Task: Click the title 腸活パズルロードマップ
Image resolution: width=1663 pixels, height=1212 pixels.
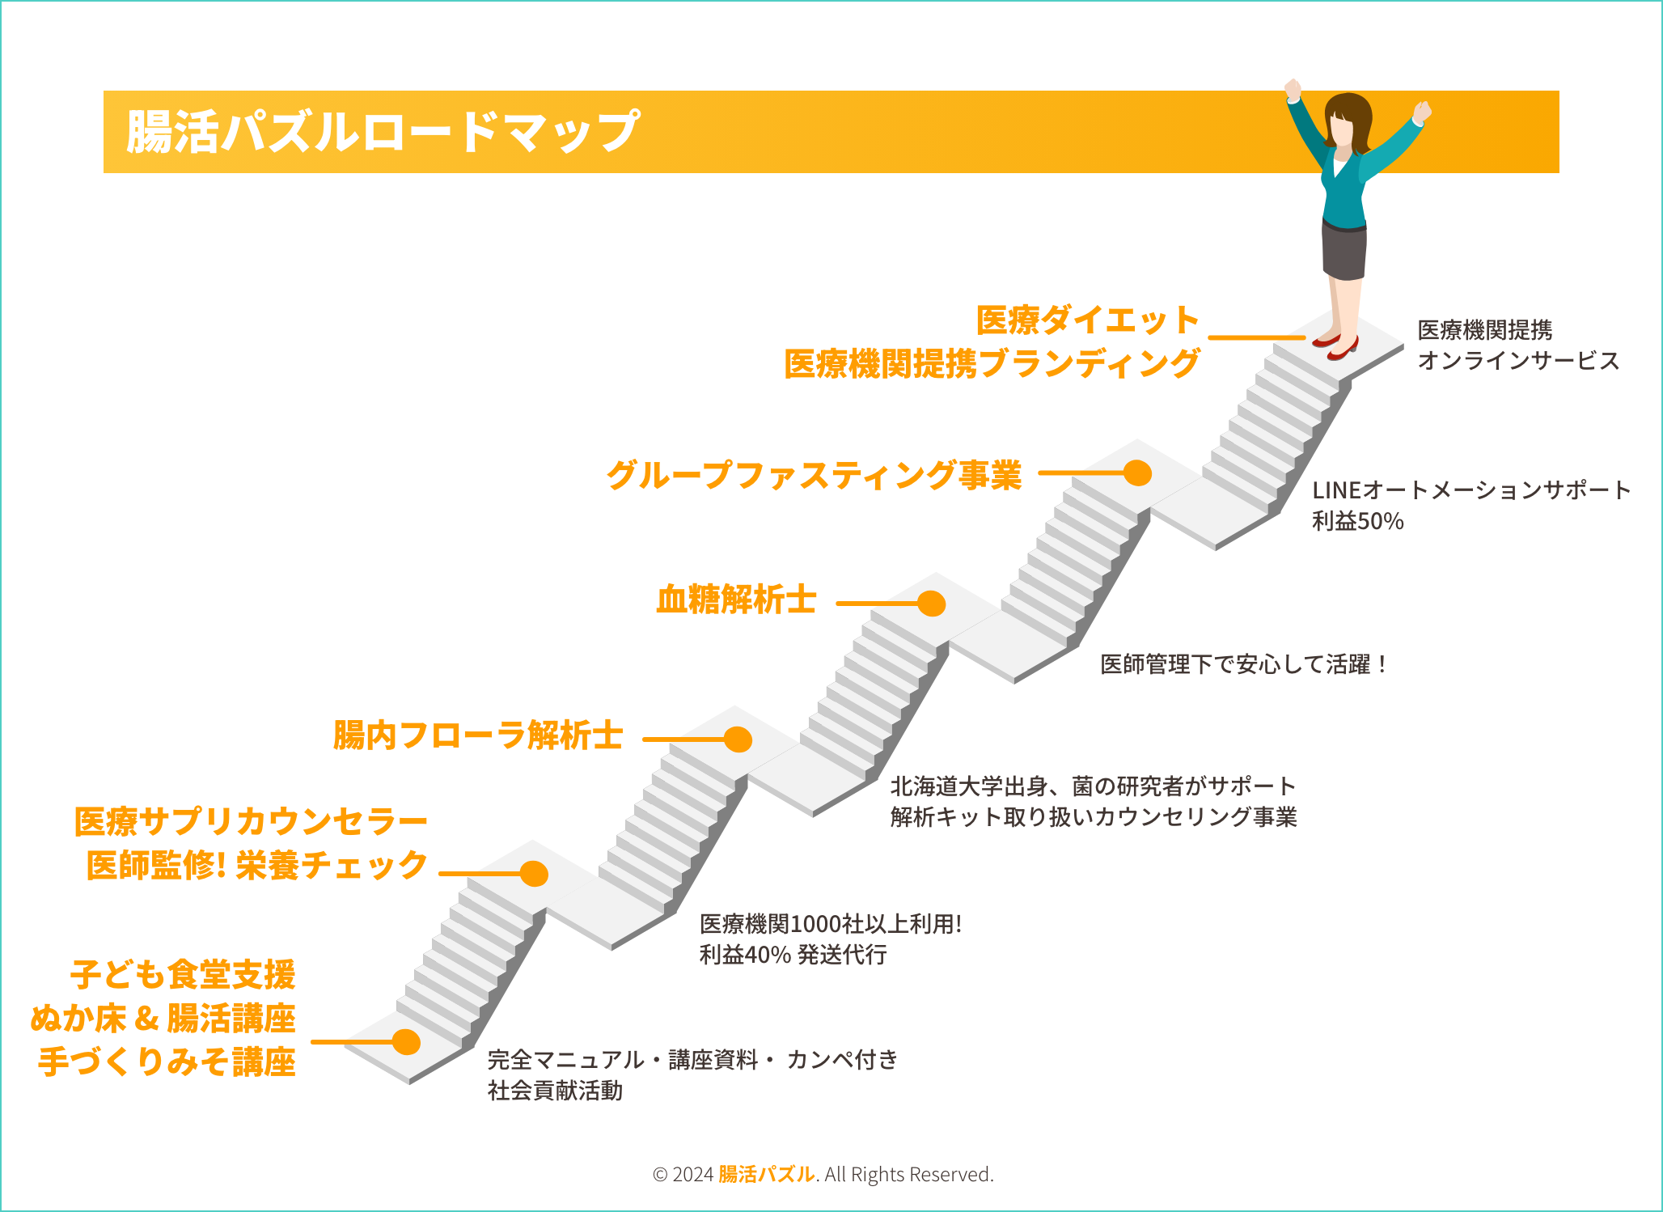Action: (383, 132)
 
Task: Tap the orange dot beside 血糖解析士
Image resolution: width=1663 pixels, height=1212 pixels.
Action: (932, 604)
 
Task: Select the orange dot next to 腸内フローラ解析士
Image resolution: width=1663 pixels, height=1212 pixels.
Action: (738, 739)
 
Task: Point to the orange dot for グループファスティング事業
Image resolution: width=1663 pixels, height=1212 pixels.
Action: (1137, 473)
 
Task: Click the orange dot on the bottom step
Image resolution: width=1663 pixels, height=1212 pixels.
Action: (406, 1042)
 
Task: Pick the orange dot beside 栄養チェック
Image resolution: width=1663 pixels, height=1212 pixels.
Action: (534, 874)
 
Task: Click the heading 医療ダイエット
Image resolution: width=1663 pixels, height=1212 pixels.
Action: (1087, 320)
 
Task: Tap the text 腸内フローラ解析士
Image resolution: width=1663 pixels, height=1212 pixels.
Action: (478, 735)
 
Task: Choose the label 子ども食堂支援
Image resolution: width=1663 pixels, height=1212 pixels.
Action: (183, 975)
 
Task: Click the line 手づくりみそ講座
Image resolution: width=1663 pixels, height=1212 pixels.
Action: (167, 1062)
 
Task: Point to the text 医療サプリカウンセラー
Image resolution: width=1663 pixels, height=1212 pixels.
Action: (251, 822)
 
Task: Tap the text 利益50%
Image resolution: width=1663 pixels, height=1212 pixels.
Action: (1357, 521)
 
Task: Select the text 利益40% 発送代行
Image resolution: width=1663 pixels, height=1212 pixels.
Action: (793, 955)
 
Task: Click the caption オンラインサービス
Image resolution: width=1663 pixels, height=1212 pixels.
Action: (1518, 361)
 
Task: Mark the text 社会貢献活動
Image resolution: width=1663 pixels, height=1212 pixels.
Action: (555, 1091)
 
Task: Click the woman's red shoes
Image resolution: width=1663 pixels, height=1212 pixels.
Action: (1335, 344)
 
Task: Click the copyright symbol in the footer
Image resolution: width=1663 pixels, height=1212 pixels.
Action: (660, 1175)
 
